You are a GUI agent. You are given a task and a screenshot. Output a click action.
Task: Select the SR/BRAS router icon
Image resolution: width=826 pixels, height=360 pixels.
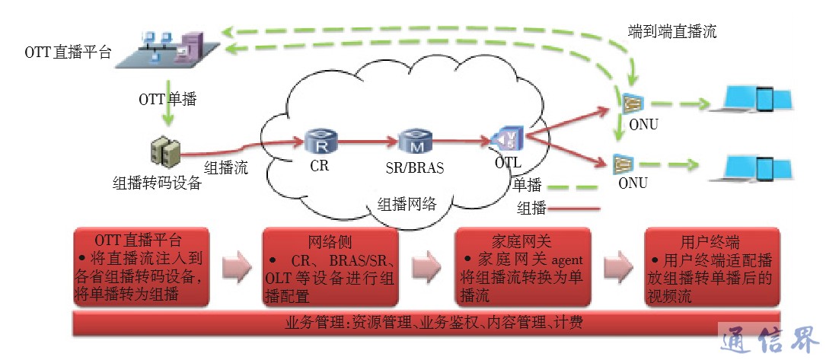[414, 141]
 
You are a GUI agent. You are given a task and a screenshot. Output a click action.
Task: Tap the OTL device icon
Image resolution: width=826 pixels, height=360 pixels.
[505, 139]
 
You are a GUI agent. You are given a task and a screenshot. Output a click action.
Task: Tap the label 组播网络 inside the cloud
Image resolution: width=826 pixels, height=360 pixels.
[407, 204]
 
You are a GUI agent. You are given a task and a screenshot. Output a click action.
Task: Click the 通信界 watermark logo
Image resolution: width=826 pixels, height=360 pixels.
[769, 336]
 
